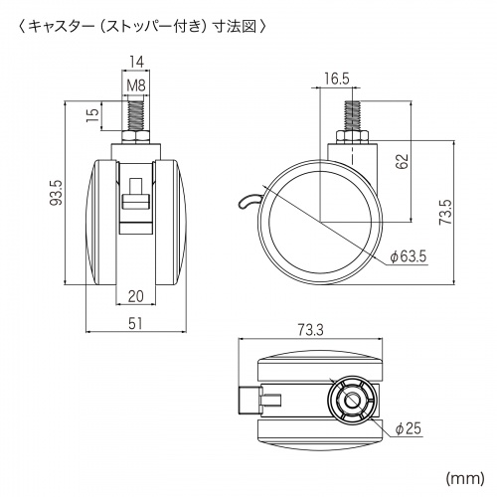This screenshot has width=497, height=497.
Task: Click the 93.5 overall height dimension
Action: pyautogui.click(x=56, y=193)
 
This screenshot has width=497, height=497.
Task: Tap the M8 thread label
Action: pyautogui.click(x=136, y=85)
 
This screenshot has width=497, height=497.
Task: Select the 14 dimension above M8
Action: pyautogui.click(x=136, y=62)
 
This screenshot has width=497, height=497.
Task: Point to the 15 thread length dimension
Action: pyautogui.click(x=93, y=115)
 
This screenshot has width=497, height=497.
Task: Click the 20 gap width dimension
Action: pyautogui.click(x=135, y=296)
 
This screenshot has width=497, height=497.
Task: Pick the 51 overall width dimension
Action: pyautogui.click(x=135, y=323)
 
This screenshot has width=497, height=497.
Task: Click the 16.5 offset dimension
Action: pyautogui.click(x=336, y=79)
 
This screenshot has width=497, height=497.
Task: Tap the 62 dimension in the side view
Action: pyautogui.click(x=403, y=161)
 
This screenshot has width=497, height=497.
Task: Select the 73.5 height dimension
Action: pyautogui.click(x=446, y=212)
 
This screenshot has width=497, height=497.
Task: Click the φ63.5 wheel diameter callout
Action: pyautogui.click(x=409, y=256)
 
